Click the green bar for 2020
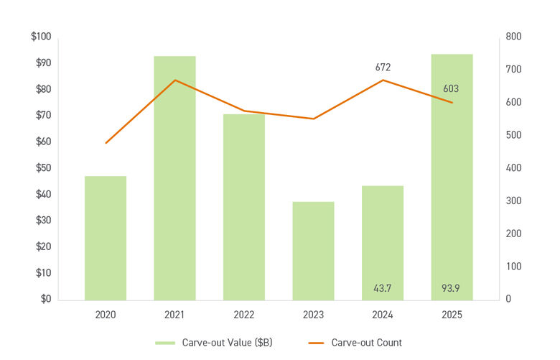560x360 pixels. [106, 238]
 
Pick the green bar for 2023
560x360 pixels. [313, 251]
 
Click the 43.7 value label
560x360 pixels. [383, 289]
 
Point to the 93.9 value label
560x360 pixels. [451, 289]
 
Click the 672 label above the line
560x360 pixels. [383, 68]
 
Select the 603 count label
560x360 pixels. [451, 89]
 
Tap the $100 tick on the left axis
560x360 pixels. [40, 37]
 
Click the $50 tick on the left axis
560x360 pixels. [42, 168]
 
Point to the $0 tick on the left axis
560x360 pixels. [45, 299]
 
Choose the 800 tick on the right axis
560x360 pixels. [514, 37]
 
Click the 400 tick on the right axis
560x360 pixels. [514, 168]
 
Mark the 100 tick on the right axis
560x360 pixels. [514, 267]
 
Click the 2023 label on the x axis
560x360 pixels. [313, 315]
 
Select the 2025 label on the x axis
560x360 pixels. [452, 315]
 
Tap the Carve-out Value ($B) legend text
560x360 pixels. [227, 343]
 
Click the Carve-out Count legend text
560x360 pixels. [366, 343]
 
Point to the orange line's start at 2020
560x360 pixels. [106, 143]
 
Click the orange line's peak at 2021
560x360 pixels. [174, 80]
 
